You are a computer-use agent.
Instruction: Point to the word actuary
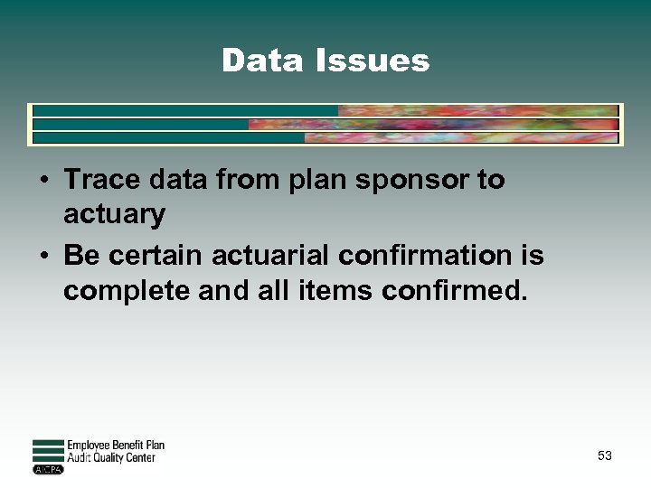pos(114,215)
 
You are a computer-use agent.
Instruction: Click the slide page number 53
pos(604,456)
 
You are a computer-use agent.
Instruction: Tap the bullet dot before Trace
pos(42,181)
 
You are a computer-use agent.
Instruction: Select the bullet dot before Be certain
pos(42,257)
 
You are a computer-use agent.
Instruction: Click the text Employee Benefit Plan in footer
pos(116,446)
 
